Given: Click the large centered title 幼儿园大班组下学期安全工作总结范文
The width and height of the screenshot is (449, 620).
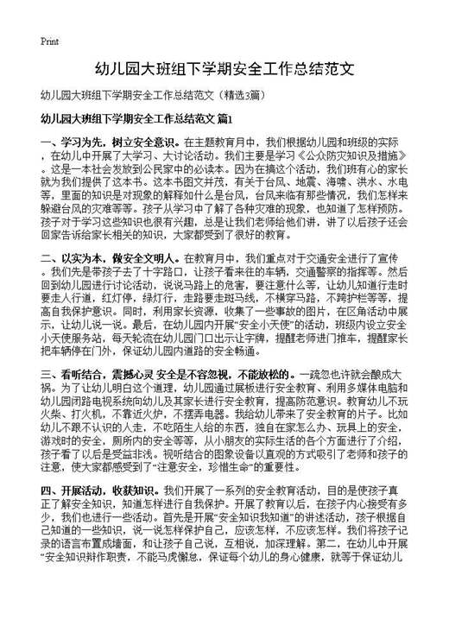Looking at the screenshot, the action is pos(224,67).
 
